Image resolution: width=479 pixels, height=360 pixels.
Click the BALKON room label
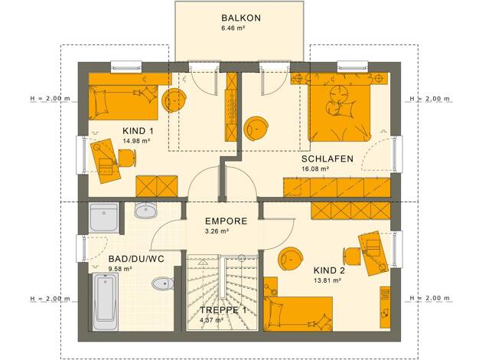pyautogui.click(x=241, y=18)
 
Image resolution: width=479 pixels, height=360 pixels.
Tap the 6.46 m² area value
pyautogui.click(x=233, y=28)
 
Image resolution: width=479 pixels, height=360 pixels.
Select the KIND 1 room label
pyautogui.click(x=138, y=131)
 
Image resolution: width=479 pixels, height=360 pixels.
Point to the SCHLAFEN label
pyautogui.click(x=327, y=159)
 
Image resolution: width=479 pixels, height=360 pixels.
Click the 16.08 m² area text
pyautogui.click(x=315, y=169)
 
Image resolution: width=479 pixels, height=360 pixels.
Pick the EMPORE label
pyautogui.click(x=226, y=221)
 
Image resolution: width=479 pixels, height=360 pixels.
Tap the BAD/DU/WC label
pyautogui.click(x=136, y=259)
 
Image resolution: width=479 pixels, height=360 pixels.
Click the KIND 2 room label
pyautogui.click(x=329, y=270)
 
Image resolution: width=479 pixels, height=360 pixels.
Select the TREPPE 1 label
pyautogui.click(x=223, y=310)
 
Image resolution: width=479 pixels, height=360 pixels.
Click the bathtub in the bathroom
pyautogui.click(x=106, y=302)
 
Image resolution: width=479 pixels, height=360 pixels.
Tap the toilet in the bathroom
pyautogui.click(x=163, y=284)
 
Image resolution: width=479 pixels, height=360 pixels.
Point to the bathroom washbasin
pyautogui.click(x=146, y=210)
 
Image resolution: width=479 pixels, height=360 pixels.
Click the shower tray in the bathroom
pyautogui.click(x=104, y=218)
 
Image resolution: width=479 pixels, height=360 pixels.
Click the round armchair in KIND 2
pyautogui.click(x=291, y=259)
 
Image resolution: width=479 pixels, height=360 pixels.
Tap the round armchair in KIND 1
pyautogui.click(x=174, y=101)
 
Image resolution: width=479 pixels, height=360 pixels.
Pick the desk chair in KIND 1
pyautogui.click(x=127, y=158)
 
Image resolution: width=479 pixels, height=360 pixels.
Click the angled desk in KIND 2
pyautogui.click(x=373, y=254)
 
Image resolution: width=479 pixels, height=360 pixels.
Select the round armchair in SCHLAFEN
pyautogui.click(x=256, y=129)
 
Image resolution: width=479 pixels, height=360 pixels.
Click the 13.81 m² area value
pyautogui.click(x=327, y=280)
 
